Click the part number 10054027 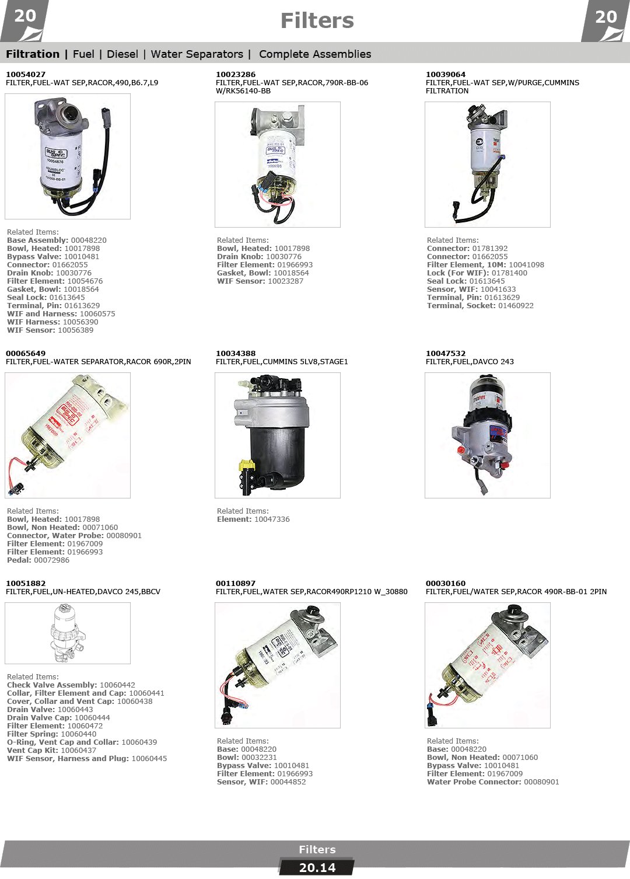click(26, 75)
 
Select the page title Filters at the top click(317, 20)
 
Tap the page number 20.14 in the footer click(317, 867)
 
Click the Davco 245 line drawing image click(68, 633)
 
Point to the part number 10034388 click(235, 353)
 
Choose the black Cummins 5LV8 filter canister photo click(277, 435)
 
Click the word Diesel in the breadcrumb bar click(123, 54)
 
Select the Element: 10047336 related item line click(253, 519)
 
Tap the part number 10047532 click(446, 353)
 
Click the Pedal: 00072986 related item click(38, 560)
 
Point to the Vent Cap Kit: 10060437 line click(51, 750)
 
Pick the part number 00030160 click(446, 583)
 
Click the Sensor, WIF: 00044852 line click(261, 782)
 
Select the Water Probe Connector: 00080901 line click(493, 782)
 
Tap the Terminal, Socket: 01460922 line click(480, 306)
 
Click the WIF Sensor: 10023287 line click(260, 281)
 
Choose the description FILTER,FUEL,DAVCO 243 click(470, 361)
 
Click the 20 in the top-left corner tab click(25, 16)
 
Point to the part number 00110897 click(235, 583)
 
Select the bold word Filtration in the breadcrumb click(33, 54)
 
